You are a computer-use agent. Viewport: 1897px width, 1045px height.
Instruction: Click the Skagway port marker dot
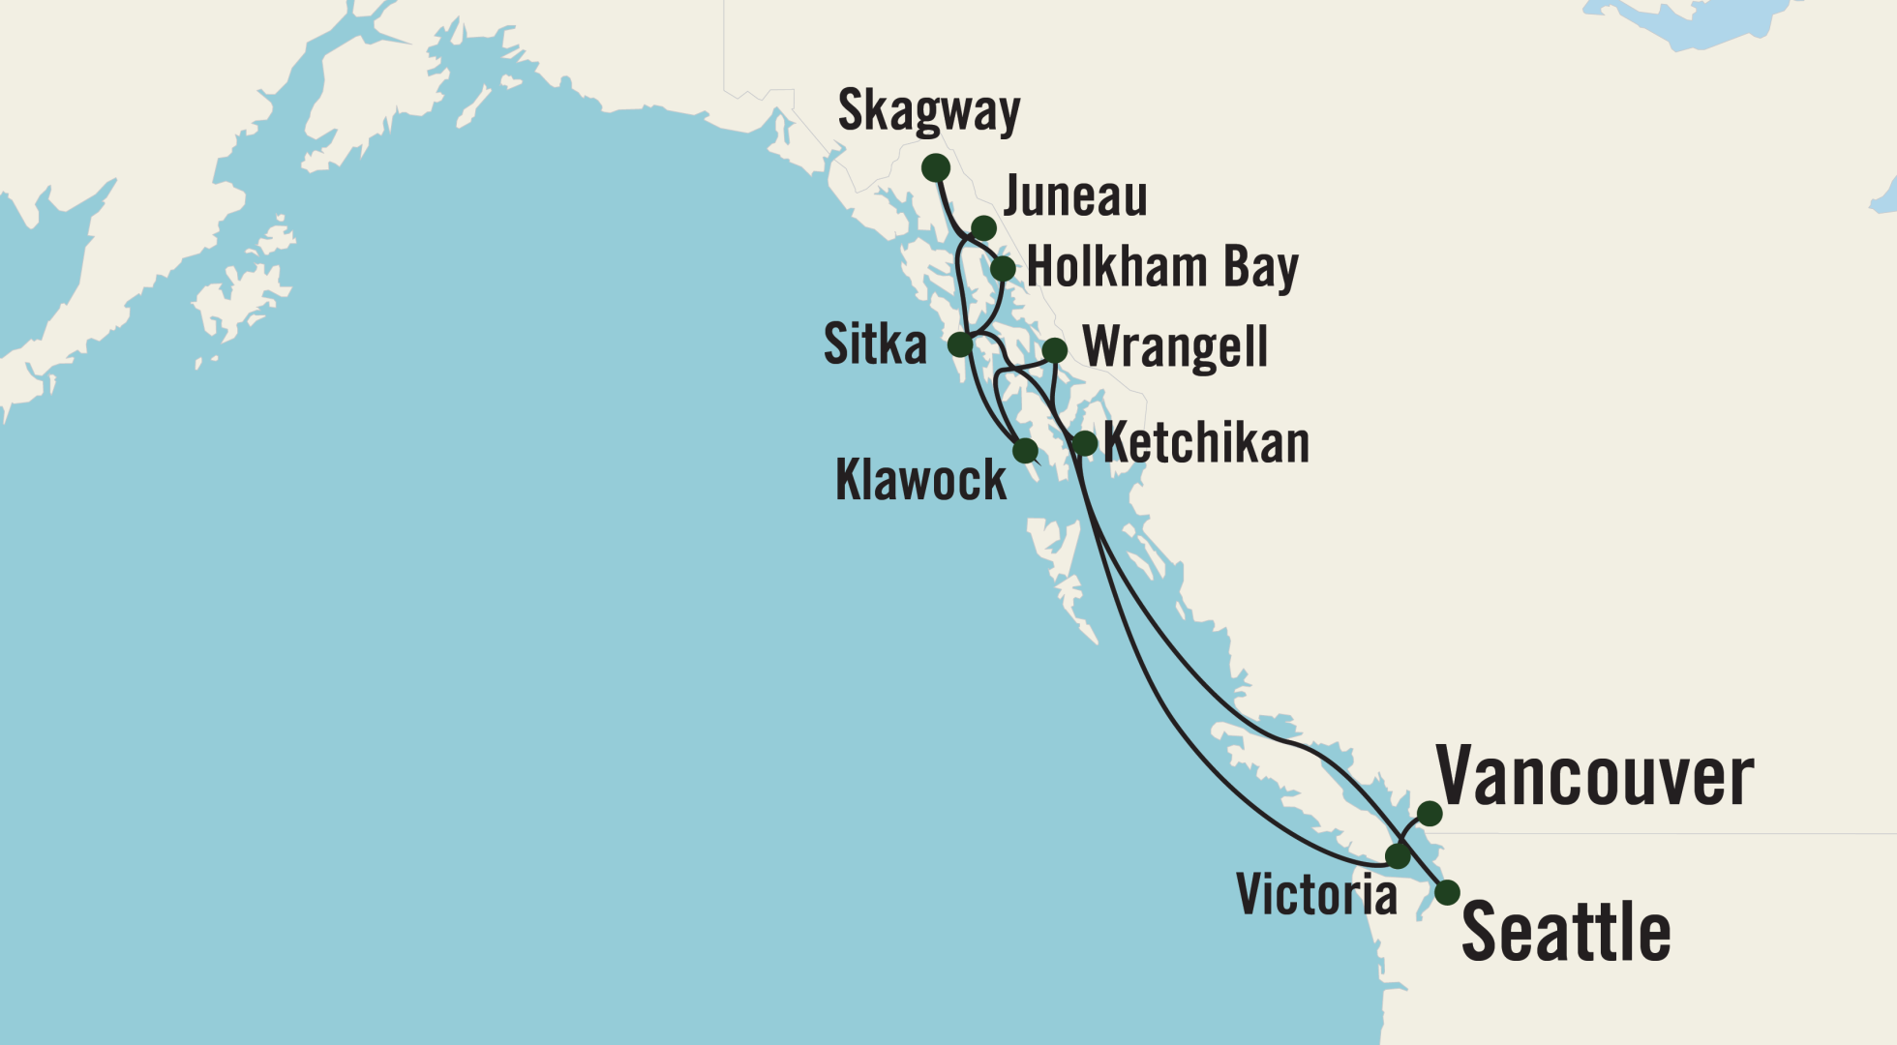point(935,168)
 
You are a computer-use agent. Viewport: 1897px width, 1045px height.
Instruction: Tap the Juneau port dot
point(983,228)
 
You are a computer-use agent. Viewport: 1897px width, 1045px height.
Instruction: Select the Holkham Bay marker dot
point(1003,268)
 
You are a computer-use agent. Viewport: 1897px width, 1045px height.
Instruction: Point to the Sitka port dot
point(959,344)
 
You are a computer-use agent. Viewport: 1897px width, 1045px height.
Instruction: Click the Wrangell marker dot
point(1054,350)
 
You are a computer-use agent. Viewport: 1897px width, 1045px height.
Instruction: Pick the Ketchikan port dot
point(1085,444)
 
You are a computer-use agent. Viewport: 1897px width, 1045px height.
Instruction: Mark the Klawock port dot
point(1025,451)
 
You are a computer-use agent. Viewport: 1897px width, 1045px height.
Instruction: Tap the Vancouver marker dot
point(1430,814)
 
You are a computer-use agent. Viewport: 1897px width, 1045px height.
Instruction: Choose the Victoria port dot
point(1398,856)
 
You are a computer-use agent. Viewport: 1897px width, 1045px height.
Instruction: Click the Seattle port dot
point(1447,892)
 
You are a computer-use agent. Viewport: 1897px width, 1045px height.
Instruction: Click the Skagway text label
point(928,110)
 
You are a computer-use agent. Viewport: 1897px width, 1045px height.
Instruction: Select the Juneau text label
point(1075,196)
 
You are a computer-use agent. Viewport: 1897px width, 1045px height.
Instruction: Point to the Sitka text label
point(875,344)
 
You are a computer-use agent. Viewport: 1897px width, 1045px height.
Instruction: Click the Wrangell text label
point(1175,347)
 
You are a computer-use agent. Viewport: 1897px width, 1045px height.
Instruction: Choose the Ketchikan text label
point(1206,443)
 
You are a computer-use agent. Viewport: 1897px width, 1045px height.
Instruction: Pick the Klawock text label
point(920,480)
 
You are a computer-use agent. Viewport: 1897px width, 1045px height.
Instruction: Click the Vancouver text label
point(1594,777)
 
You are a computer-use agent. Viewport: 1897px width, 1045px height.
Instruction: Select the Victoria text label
point(1316,894)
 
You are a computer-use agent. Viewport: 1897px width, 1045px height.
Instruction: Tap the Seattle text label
point(1565,932)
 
